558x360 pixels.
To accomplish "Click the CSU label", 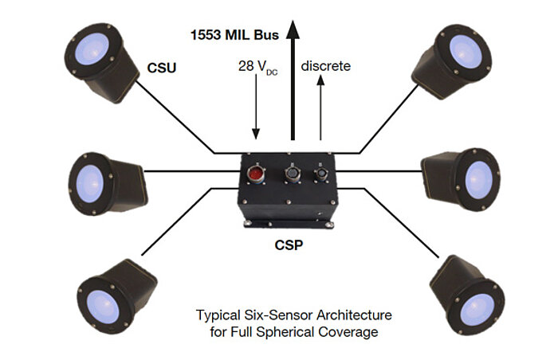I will click(161, 68).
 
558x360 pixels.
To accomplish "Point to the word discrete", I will click(325, 65).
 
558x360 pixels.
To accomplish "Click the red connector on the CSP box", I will click(257, 173).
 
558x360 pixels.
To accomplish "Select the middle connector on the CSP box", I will click(291, 172).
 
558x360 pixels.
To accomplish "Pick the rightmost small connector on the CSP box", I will click(322, 172).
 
